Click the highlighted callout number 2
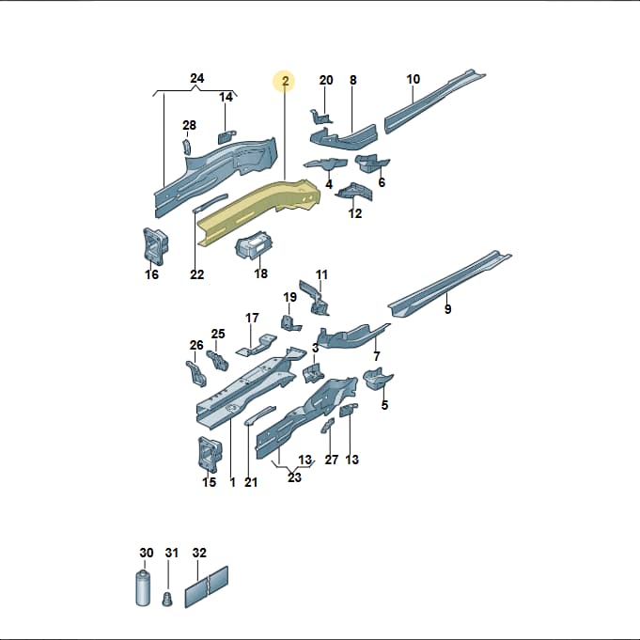(x=286, y=81)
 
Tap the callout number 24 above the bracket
(x=197, y=78)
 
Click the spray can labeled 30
(x=143, y=587)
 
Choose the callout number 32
(x=199, y=553)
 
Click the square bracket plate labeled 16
(x=155, y=245)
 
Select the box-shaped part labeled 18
(x=254, y=245)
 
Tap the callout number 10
(x=414, y=79)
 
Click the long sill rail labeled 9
(x=449, y=283)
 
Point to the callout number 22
(x=196, y=274)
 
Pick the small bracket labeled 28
(x=186, y=147)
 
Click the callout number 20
(x=326, y=80)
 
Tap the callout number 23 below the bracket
(x=294, y=477)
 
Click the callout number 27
(x=332, y=460)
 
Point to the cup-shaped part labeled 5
(x=378, y=379)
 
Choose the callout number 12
(x=354, y=213)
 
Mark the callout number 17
(x=252, y=318)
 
